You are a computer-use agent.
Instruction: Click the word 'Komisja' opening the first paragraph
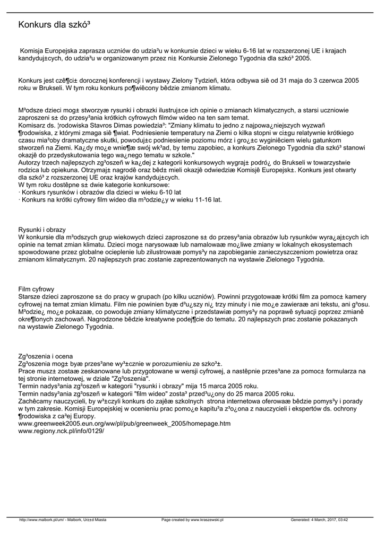(32, 51)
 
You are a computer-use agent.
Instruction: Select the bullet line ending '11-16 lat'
(120, 200)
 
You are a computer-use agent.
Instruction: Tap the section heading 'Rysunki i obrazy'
(42, 230)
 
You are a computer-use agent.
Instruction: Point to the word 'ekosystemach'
(330, 244)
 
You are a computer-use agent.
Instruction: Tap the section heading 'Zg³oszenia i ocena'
(46, 356)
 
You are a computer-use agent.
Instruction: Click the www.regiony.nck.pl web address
(61, 431)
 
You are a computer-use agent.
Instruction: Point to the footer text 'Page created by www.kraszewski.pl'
(192, 520)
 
